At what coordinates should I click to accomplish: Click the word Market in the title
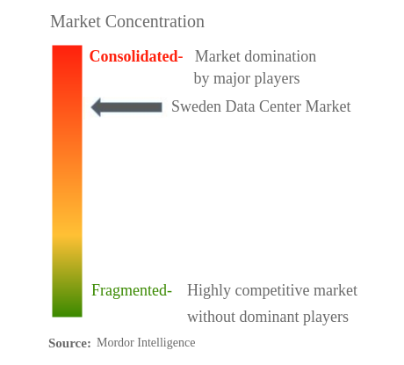(74, 21)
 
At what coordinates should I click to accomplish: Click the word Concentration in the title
(153, 21)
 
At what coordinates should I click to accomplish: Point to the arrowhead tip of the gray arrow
(93, 107)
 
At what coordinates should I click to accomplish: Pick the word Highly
(209, 290)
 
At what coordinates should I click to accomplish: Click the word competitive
(276, 290)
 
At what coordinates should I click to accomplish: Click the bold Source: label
(69, 343)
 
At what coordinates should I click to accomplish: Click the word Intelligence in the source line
(168, 342)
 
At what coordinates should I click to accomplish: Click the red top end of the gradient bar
(67, 53)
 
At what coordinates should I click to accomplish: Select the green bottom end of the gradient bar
(67, 310)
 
